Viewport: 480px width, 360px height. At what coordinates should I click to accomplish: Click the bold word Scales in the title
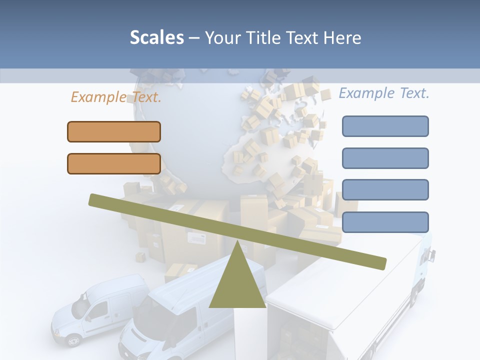click(156, 37)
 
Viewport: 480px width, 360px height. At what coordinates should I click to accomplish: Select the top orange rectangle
click(114, 131)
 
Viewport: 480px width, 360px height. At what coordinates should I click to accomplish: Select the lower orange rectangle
click(114, 163)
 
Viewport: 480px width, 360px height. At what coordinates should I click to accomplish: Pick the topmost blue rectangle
click(385, 126)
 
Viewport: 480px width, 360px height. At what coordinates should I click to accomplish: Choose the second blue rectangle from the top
click(385, 158)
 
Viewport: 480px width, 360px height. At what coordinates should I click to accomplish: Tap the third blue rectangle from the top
click(385, 189)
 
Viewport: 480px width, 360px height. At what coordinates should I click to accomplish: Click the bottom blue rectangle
click(385, 221)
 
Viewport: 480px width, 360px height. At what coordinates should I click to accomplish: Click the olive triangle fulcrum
click(237, 285)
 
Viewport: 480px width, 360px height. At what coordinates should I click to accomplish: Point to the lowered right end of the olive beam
click(380, 263)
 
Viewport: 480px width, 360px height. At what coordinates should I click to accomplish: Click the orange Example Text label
click(116, 97)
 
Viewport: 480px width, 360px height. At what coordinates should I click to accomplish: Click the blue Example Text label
click(384, 93)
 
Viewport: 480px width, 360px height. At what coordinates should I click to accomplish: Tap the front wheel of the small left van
click(73, 340)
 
